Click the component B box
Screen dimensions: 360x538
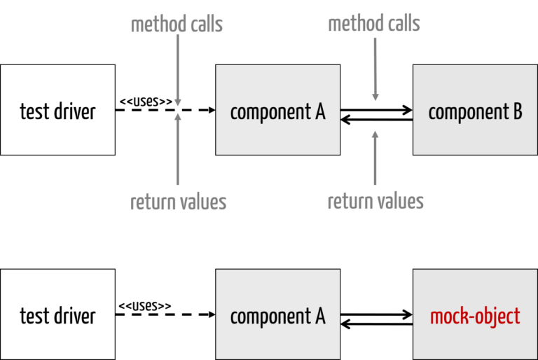tap(475, 110)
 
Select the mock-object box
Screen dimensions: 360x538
tap(475, 314)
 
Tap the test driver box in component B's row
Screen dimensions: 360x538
tap(57, 110)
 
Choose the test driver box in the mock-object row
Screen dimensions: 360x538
tap(57, 314)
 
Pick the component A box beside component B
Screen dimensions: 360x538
tap(277, 110)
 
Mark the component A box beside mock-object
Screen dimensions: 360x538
tap(277, 314)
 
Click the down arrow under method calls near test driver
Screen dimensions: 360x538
tap(177, 70)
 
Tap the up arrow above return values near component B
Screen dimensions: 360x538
tap(375, 158)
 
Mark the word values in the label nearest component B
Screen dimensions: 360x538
tap(400, 202)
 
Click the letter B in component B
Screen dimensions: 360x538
tap(517, 111)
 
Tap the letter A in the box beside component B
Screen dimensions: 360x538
tap(319, 111)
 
